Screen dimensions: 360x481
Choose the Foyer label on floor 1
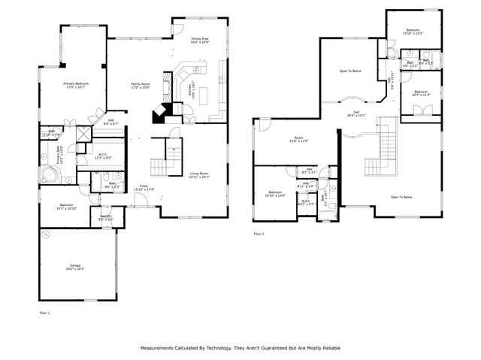click(x=144, y=188)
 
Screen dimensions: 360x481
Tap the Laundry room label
click(x=106, y=218)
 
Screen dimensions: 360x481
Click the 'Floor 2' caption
click(x=259, y=234)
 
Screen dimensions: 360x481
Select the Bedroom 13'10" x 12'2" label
click(x=413, y=32)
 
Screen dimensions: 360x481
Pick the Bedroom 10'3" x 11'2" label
click(x=420, y=94)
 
